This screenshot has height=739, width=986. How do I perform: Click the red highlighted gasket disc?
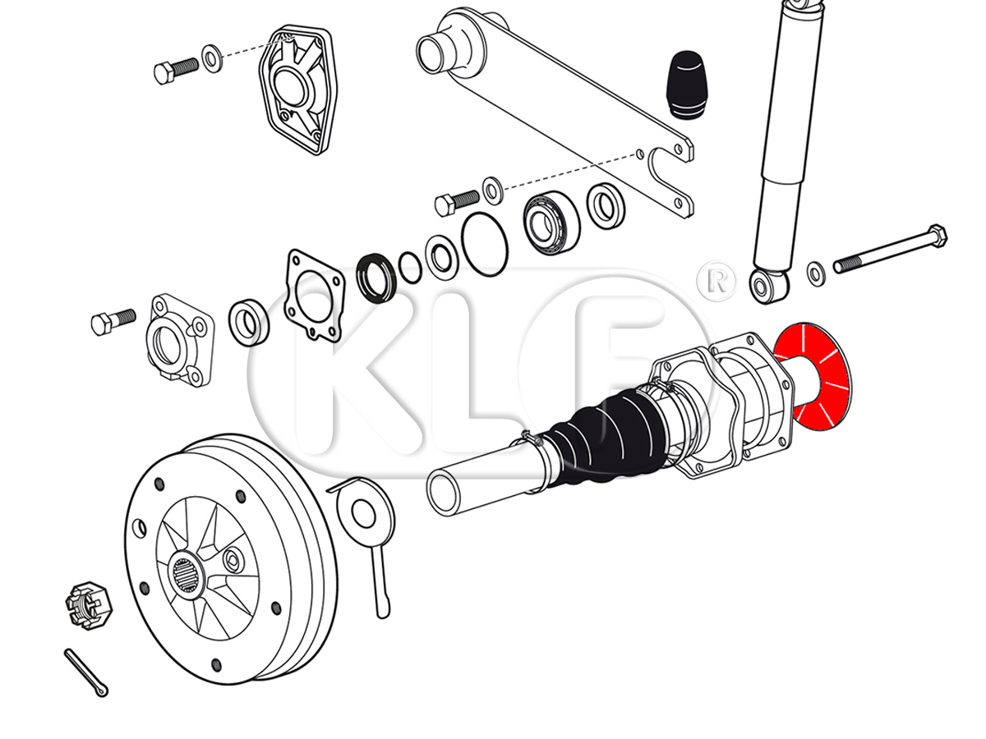click(813, 376)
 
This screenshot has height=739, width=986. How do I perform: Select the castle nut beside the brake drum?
click(89, 605)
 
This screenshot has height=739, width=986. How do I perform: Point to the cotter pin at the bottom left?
click(86, 672)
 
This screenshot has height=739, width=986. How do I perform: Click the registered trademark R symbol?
click(716, 282)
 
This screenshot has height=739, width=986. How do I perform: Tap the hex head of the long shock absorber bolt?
click(936, 236)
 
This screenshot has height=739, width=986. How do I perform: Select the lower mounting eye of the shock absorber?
click(768, 286)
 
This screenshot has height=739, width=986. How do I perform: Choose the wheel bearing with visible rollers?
click(551, 223)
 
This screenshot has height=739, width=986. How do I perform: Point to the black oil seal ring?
click(377, 278)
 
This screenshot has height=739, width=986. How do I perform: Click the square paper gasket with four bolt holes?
click(315, 296)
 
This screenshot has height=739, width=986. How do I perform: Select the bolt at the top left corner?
click(176, 71)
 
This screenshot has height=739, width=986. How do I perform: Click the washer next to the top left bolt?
click(211, 59)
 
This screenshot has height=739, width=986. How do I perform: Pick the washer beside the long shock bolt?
click(816, 274)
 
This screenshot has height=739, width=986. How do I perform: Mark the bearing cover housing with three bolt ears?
click(181, 340)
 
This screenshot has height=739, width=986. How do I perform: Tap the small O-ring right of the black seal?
click(410, 268)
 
